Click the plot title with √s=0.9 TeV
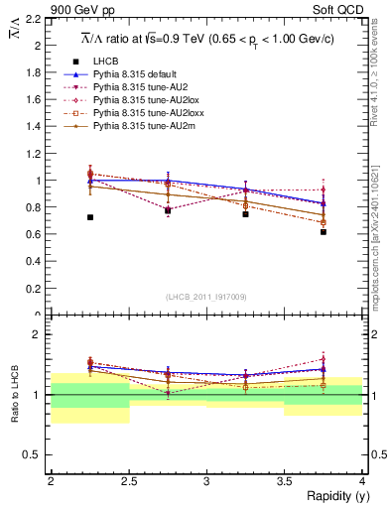click(205, 39)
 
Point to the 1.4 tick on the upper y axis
click(36, 127)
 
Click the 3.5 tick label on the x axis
click(284, 481)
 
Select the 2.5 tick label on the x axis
click(128, 481)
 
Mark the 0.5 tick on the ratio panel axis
click(36, 454)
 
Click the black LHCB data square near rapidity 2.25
click(90, 217)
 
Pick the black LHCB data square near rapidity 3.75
click(324, 232)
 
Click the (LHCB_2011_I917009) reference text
click(205, 297)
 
